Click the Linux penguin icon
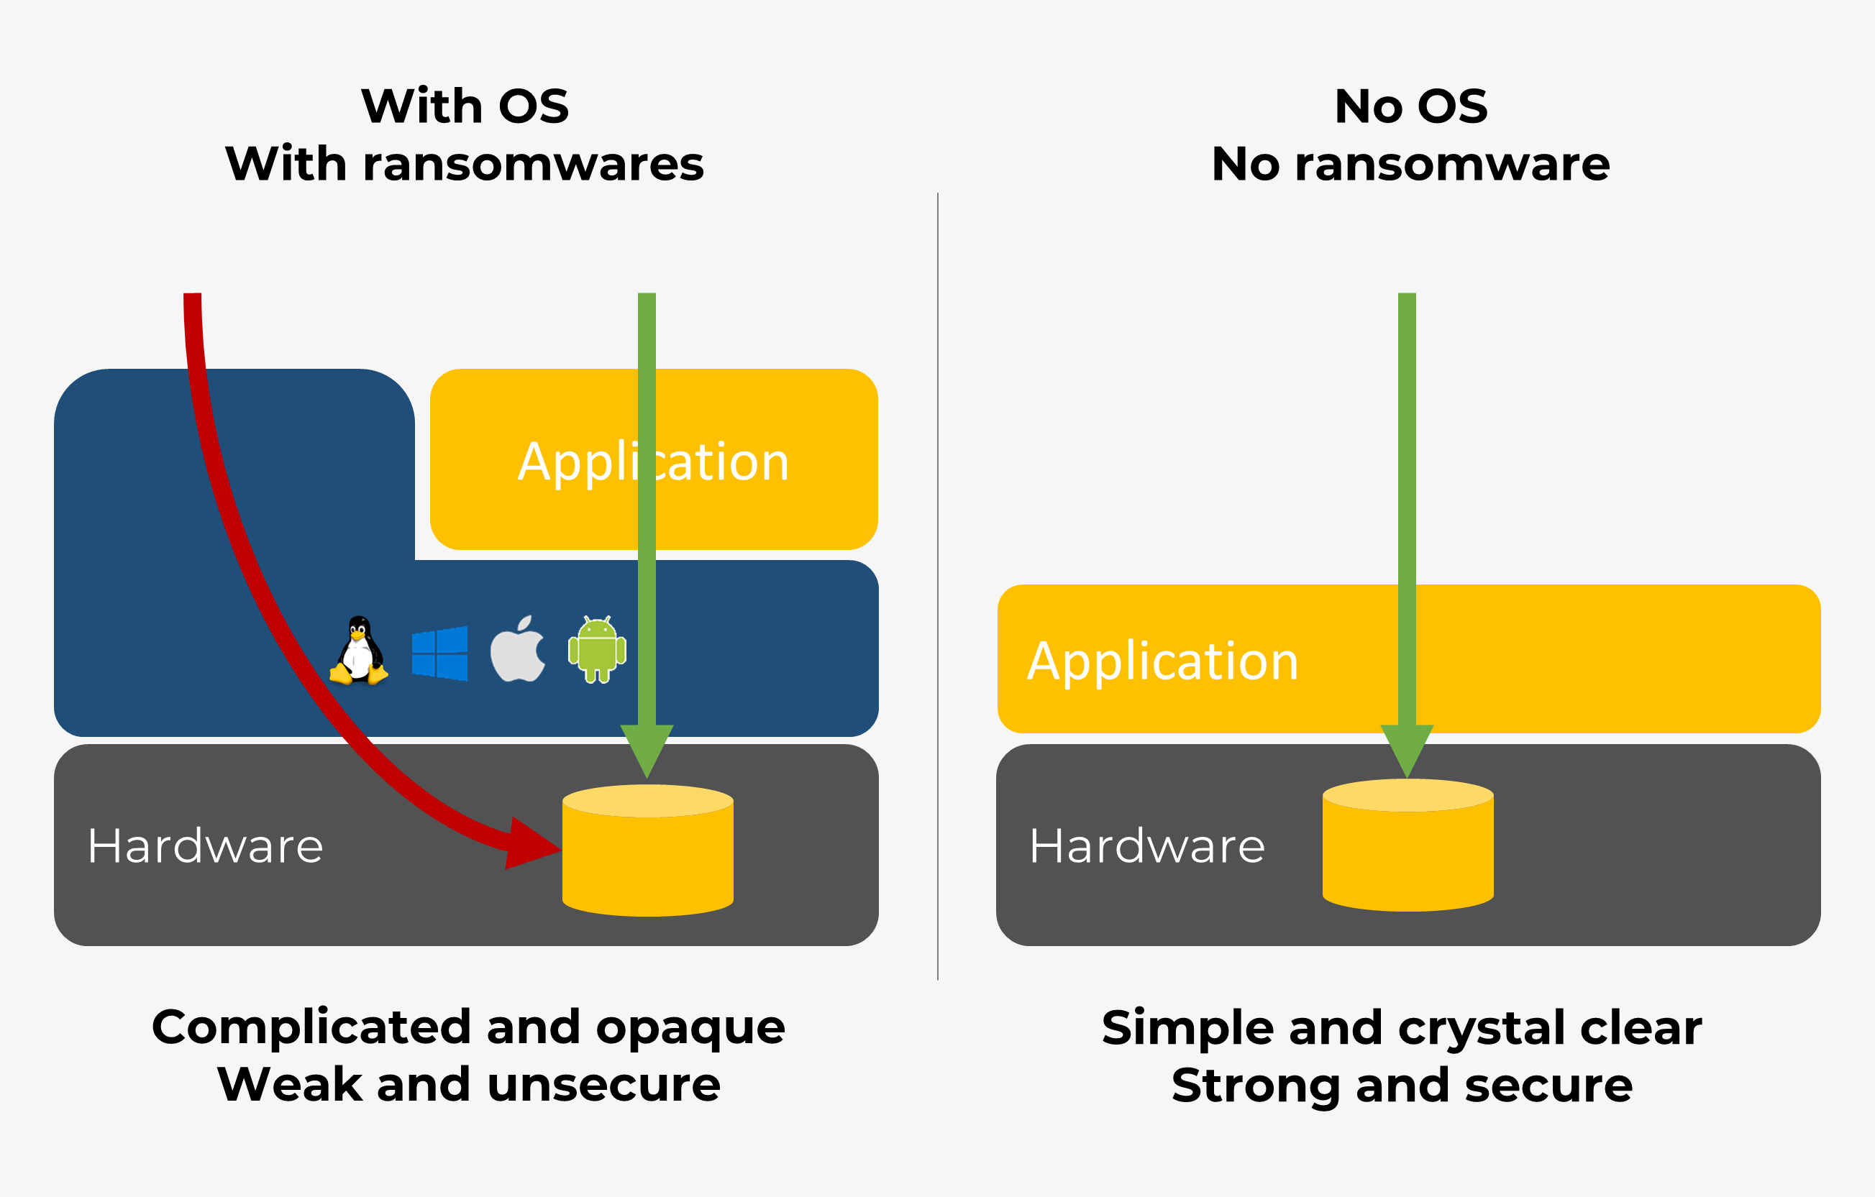tap(359, 651)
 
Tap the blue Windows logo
tap(440, 653)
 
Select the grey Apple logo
tap(518, 650)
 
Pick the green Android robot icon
tap(597, 650)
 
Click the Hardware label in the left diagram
tap(206, 846)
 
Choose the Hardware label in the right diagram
tap(1147, 846)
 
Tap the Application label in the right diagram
tap(1162, 661)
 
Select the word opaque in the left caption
tap(690, 1027)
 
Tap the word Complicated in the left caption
tap(311, 1027)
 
